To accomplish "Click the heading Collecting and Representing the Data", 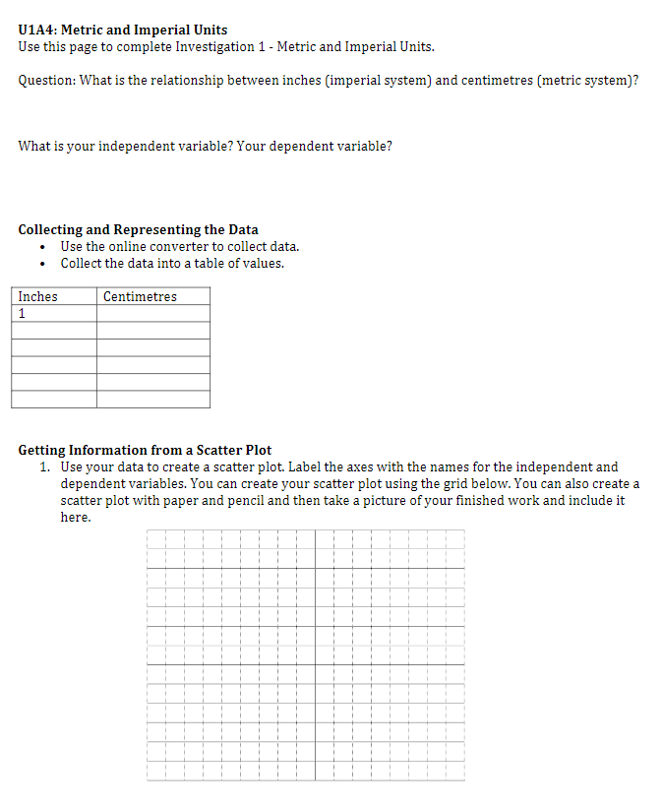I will point(138,229).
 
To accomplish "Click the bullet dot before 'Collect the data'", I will point(42,264).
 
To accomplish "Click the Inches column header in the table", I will point(38,296).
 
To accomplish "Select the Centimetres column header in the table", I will point(140,296).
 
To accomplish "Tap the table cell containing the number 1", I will point(53,313).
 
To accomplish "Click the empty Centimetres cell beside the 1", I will point(152,313).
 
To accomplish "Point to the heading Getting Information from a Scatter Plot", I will point(145,450).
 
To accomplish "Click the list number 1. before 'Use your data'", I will point(46,466).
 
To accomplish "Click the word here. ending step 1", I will point(76,517).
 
